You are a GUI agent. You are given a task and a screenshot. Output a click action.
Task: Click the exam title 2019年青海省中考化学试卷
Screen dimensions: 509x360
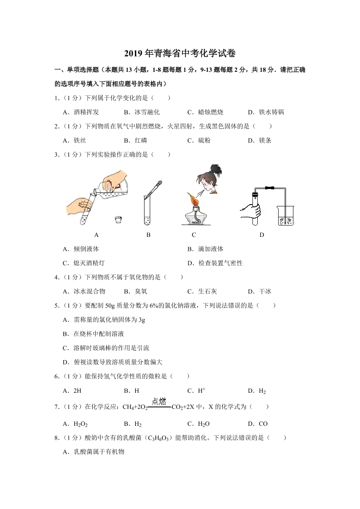click(180, 54)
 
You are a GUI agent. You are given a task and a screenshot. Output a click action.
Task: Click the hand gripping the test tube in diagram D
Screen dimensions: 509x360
click(252, 211)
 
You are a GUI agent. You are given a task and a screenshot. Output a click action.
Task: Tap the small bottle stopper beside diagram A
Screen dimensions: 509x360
click(118, 219)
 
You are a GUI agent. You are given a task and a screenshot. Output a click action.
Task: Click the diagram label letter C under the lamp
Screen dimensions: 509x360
click(194, 235)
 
